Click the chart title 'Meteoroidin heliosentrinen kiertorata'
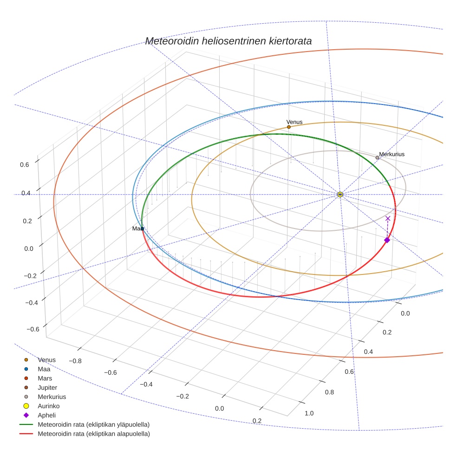coord(228,41)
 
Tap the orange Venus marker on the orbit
coord(289,127)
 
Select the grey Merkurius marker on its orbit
coord(377,158)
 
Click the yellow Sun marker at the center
coord(340,194)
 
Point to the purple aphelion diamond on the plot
coord(387,240)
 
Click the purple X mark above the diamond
coord(388,218)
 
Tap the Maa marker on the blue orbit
coord(142,228)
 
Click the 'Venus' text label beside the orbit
coord(294,122)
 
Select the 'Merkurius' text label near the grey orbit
coord(392,154)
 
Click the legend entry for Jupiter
coord(47,388)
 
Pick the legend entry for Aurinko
coord(48,406)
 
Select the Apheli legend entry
coord(46,416)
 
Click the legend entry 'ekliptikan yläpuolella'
coord(93,425)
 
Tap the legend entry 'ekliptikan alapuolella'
coord(93,434)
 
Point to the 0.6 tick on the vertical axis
coord(25,164)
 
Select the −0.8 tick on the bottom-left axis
coord(75,360)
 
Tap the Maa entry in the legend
coord(44,369)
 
